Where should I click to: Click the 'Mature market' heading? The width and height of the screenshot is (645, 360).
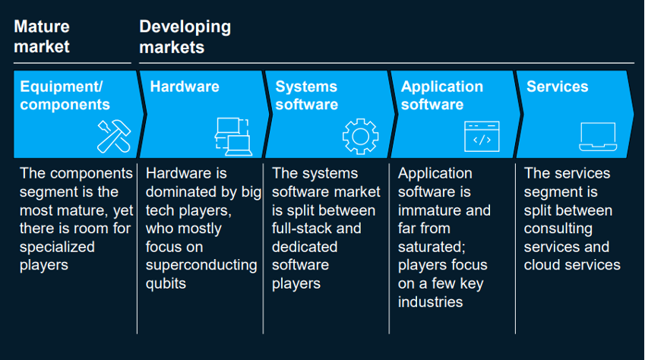(42, 36)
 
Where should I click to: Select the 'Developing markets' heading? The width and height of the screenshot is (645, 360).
(185, 36)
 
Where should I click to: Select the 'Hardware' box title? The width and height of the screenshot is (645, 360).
(185, 87)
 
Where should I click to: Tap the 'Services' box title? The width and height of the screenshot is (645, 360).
(557, 87)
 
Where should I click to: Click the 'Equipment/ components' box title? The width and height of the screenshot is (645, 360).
(65, 96)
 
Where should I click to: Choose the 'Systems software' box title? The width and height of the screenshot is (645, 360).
(306, 96)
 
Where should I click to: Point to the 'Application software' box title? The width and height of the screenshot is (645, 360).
(441, 96)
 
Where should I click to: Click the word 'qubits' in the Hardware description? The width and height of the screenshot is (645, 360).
(166, 283)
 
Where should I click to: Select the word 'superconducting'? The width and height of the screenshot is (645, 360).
(201, 265)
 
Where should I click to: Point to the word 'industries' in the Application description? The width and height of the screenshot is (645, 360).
(430, 302)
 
